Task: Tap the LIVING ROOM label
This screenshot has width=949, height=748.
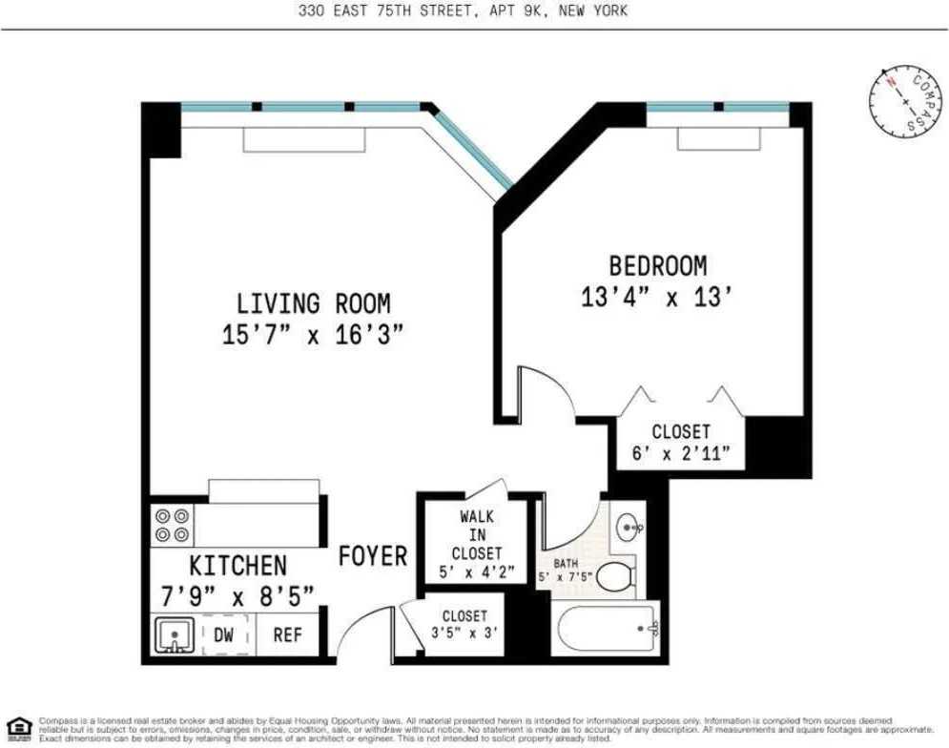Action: pos(314,304)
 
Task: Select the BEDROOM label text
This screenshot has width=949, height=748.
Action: pos(658,265)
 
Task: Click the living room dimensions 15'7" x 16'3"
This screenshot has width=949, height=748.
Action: pos(314,335)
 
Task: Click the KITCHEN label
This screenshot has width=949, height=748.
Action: pos(237,565)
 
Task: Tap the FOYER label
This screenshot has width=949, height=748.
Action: pos(373,556)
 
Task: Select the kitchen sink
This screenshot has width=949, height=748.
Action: pos(175,634)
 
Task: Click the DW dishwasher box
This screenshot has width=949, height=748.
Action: pos(223,634)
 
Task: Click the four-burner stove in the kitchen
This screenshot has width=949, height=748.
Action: pos(172,526)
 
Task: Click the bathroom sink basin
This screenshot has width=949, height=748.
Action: pos(629,527)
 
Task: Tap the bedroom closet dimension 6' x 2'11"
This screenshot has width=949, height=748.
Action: pos(687,454)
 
